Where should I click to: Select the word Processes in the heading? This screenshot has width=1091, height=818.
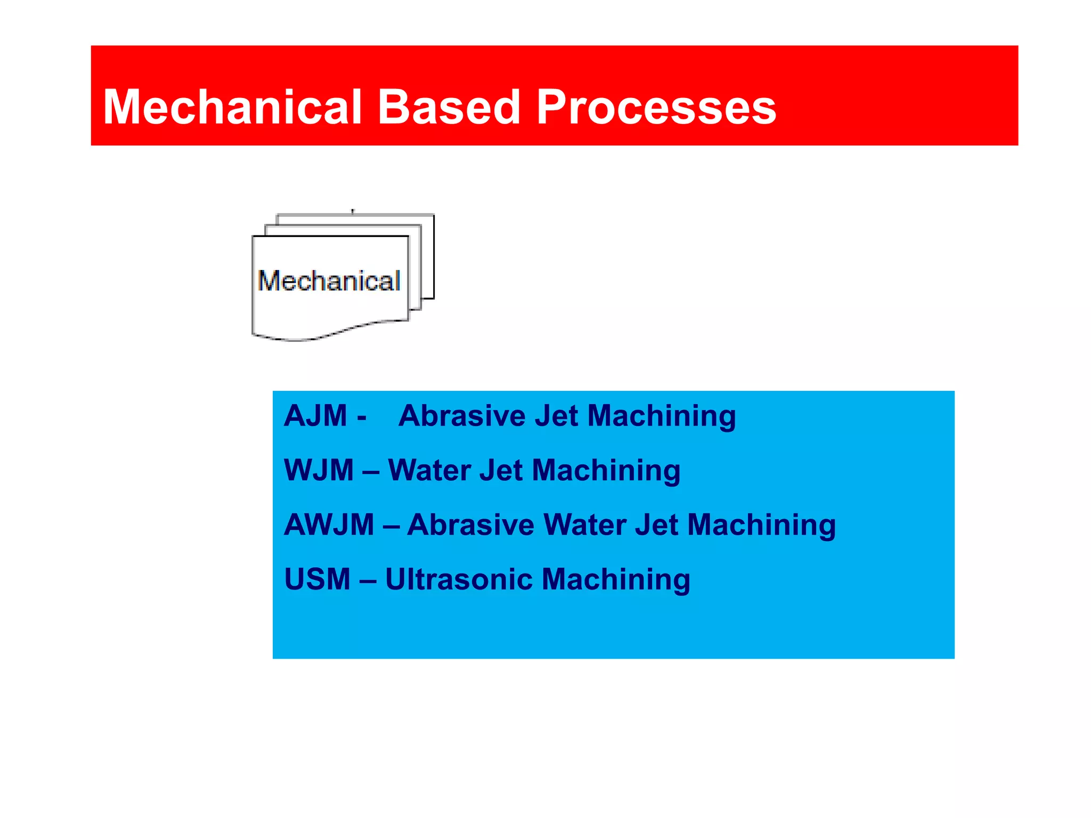point(656,108)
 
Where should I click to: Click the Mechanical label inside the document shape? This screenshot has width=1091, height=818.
point(329,281)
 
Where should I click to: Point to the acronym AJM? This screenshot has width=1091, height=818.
point(315,415)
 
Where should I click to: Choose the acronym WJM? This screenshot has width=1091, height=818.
point(319,470)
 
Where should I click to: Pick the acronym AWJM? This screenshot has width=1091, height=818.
point(329,525)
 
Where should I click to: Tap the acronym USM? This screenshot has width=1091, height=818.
point(317,579)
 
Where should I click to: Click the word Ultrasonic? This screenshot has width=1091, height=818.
point(458,579)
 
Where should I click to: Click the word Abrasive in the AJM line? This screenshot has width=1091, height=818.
point(462,415)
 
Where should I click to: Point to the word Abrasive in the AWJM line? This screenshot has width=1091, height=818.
point(470,525)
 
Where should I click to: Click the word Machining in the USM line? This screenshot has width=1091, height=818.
point(616,580)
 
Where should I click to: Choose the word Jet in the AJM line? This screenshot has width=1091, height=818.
point(556,415)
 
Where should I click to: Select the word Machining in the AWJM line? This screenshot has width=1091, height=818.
point(761,526)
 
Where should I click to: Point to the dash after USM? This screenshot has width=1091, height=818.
point(368,580)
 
